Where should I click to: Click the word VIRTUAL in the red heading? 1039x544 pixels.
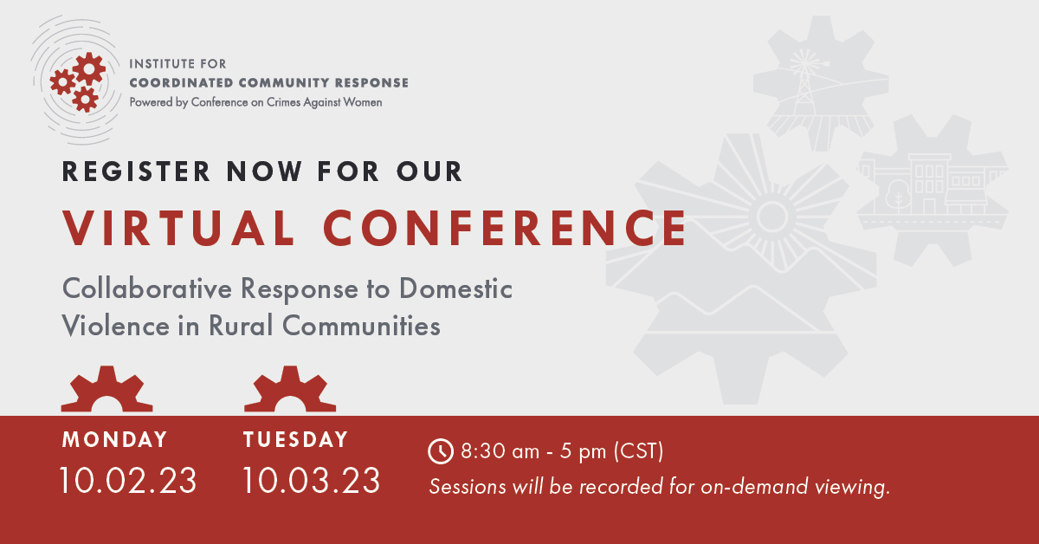click(x=178, y=228)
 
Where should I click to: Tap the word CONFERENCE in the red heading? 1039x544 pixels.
click(x=505, y=228)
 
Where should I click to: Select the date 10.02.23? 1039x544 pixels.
click(x=128, y=481)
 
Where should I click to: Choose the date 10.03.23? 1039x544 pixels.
click(x=311, y=481)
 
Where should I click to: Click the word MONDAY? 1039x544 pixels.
click(x=114, y=439)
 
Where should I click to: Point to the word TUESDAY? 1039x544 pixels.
click(x=295, y=439)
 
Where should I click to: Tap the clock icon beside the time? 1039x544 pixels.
click(x=440, y=451)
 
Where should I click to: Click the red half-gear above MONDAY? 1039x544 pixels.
click(x=107, y=391)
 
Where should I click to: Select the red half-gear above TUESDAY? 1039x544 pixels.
click(x=290, y=391)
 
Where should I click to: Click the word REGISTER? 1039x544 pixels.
click(x=136, y=172)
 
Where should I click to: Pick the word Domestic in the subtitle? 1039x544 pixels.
click(x=455, y=288)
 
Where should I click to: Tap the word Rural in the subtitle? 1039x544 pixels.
click(x=241, y=326)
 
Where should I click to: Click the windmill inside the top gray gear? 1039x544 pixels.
click(x=804, y=81)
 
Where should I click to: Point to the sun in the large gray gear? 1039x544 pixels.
click(x=772, y=217)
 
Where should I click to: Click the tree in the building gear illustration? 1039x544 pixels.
click(x=898, y=195)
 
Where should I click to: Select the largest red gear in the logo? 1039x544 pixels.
click(x=89, y=69)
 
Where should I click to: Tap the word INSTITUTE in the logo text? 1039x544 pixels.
click(x=157, y=63)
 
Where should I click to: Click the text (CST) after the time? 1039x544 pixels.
click(x=638, y=451)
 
